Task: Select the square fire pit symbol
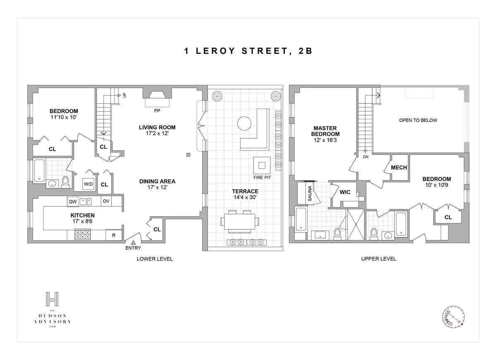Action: tap(262, 165)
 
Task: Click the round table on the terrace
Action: tap(244, 123)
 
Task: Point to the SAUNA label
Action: tap(309, 193)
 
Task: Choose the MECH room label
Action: tap(399, 168)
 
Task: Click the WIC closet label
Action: tap(345, 193)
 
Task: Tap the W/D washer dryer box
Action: tap(88, 184)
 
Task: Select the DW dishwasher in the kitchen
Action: tap(73, 201)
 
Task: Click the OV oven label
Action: tap(106, 201)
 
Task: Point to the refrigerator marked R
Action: tap(113, 235)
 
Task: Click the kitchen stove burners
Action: tap(82, 235)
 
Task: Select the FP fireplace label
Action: tap(157, 111)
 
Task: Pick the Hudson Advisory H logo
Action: tap(52, 299)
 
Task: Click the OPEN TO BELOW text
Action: tap(418, 121)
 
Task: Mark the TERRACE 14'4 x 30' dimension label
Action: tap(245, 194)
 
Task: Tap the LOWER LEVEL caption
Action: tap(154, 259)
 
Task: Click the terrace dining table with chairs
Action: tap(240, 221)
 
